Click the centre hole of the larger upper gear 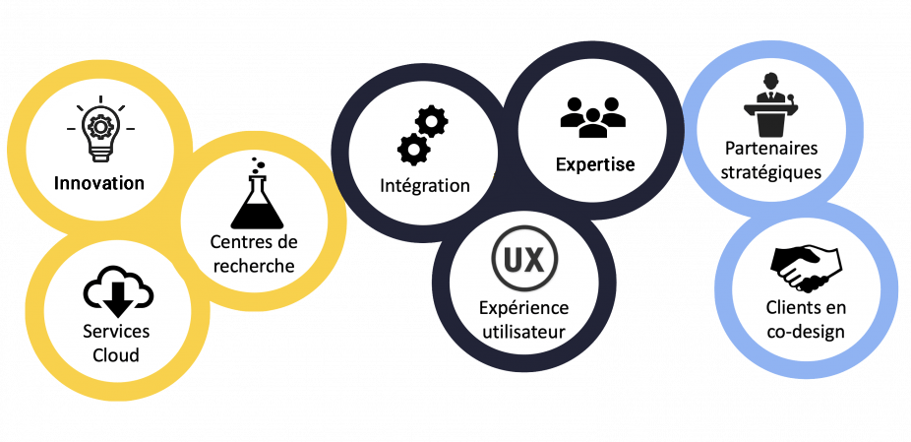pos(432,122)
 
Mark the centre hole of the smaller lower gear pos(413,150)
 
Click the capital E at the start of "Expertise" pos(561,164)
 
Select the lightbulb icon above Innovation pos(100,129)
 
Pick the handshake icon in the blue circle pos(806,268)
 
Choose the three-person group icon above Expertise pos(592,117)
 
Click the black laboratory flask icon pos(257,193)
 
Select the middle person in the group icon pos(592,123)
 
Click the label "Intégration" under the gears pos(425,185)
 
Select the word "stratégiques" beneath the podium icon pos(772,173)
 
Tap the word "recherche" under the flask pos(254,266)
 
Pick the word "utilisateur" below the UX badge pos(523,333)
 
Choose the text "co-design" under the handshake pos(806,333)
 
